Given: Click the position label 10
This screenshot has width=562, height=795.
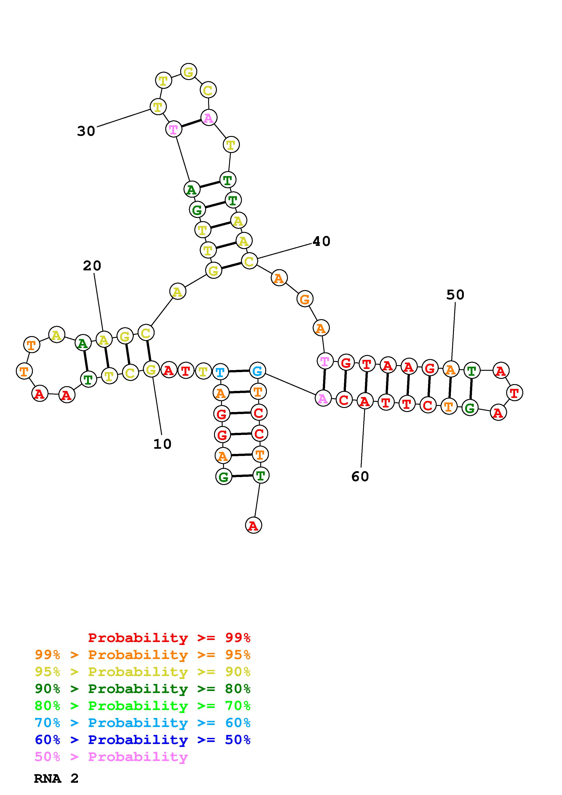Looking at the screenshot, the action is (x=162, y=444).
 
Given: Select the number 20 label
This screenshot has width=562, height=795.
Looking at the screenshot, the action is (x=92, y=266).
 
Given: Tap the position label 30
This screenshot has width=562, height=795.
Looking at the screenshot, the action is (x=86, y=131).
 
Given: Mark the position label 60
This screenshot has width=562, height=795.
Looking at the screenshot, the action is (x=360, y=476).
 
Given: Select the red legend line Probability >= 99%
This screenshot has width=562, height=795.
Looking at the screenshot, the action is (x=169, y=638).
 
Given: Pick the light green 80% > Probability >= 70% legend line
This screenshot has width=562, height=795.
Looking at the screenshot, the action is (x=143, y=706).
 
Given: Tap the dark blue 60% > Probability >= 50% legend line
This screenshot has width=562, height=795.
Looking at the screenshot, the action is (x=143, y=740).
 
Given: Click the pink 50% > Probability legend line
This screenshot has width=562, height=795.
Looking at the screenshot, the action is (x=111, y=756).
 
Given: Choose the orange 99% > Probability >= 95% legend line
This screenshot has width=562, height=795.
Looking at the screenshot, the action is (x=143, y=655).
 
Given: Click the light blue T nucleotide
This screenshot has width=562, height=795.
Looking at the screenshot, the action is (x=220, y=372).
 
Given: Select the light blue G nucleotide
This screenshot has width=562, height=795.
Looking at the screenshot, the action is (x=257, y=371).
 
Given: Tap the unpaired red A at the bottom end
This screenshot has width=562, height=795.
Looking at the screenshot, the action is (x=253, y=526).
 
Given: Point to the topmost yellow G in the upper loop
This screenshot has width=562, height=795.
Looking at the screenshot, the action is (x=188, y=72).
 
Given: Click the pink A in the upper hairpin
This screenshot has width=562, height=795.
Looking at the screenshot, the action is (x=209, y=118).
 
